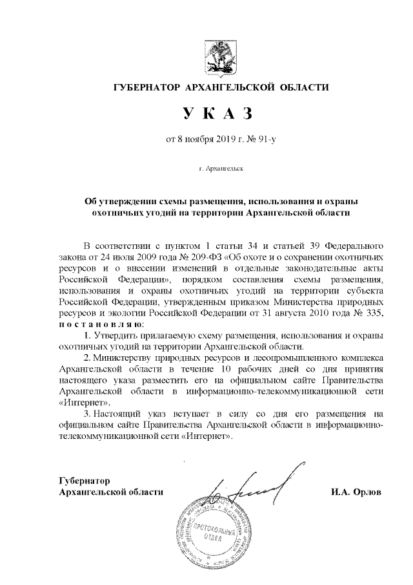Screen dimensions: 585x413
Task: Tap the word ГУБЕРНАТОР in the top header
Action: coord(147,87)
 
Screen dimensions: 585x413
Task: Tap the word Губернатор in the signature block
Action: coord(85,481)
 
